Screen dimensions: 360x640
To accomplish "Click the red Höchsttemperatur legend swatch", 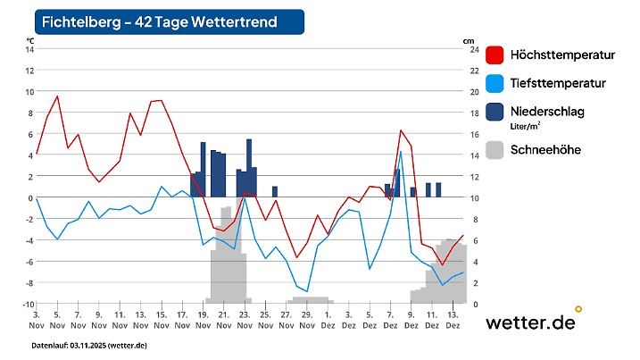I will (x=495, y=55).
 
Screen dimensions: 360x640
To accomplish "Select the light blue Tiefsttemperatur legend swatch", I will (x=495, y=84).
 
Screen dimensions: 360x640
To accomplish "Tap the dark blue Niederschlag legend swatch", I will (x=495, y=113).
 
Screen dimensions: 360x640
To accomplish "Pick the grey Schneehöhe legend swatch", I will (x=495, y=150).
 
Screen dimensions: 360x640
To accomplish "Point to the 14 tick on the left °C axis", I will (x=29, y=49).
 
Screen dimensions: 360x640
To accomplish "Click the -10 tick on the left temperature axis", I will (x=27, y=305).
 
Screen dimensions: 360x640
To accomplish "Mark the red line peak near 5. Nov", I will (x=57, y=96).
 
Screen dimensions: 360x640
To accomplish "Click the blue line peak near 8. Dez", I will (x=401, y=152).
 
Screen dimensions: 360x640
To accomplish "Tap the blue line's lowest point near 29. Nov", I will (x=307, y=291).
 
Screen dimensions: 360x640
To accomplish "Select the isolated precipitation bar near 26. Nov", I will (x=275, y=191).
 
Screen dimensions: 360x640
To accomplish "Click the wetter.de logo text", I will (x=530, y=323).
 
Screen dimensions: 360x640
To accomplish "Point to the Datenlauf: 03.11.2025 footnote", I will (x=89, y=345).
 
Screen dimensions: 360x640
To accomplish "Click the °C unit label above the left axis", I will (x=29, y=40).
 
